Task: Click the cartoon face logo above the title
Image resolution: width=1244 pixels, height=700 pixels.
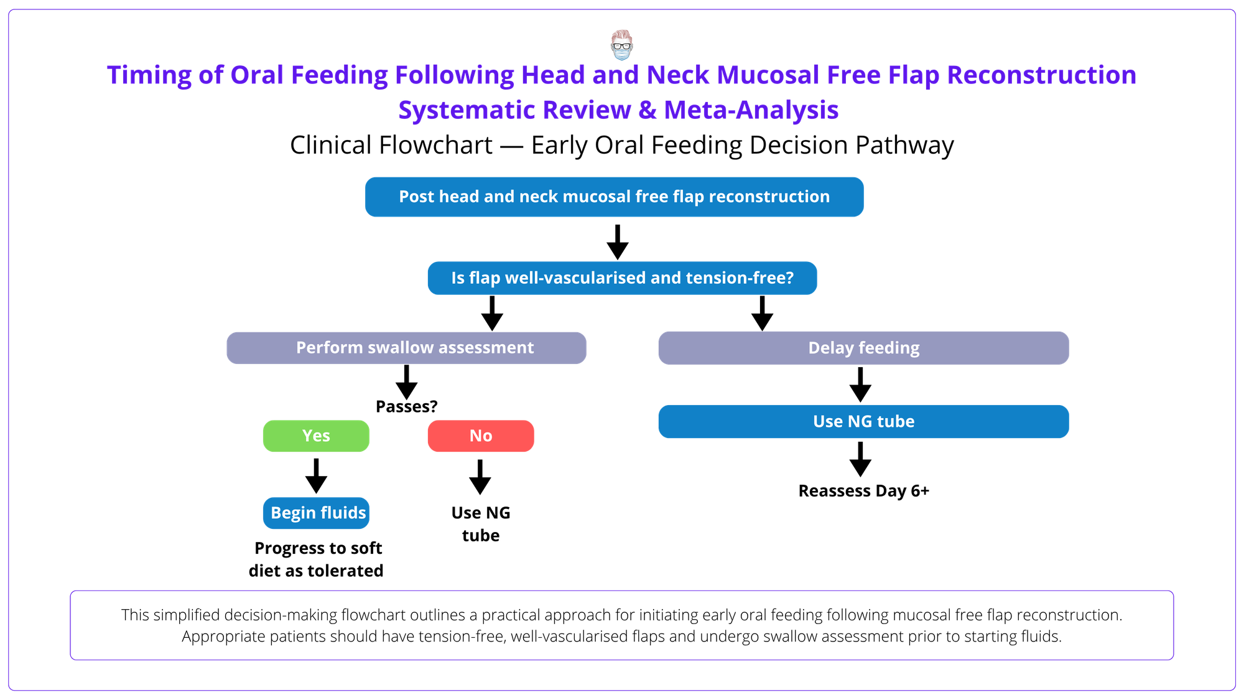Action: [621, 44]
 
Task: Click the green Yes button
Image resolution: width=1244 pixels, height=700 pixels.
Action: [316, 436]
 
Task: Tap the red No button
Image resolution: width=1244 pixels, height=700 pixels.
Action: [481, 436]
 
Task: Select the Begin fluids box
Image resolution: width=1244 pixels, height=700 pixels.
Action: [317, 513]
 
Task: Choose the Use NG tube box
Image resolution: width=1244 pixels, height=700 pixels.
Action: [863, 421]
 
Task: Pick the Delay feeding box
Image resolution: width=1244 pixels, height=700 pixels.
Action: [863, 347]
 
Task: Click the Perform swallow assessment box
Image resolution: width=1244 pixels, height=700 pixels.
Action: [406, 347]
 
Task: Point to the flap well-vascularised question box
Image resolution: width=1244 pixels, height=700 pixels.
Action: [622, 278]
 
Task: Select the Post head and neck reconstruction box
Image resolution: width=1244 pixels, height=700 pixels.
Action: [614, 197]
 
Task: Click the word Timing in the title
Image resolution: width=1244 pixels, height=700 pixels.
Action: [149, 75]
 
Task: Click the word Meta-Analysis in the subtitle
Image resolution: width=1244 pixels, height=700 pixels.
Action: [751, 110]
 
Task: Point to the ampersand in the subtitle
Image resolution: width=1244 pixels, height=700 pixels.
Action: [648, 110]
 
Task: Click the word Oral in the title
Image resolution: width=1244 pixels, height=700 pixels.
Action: [257, 75]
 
